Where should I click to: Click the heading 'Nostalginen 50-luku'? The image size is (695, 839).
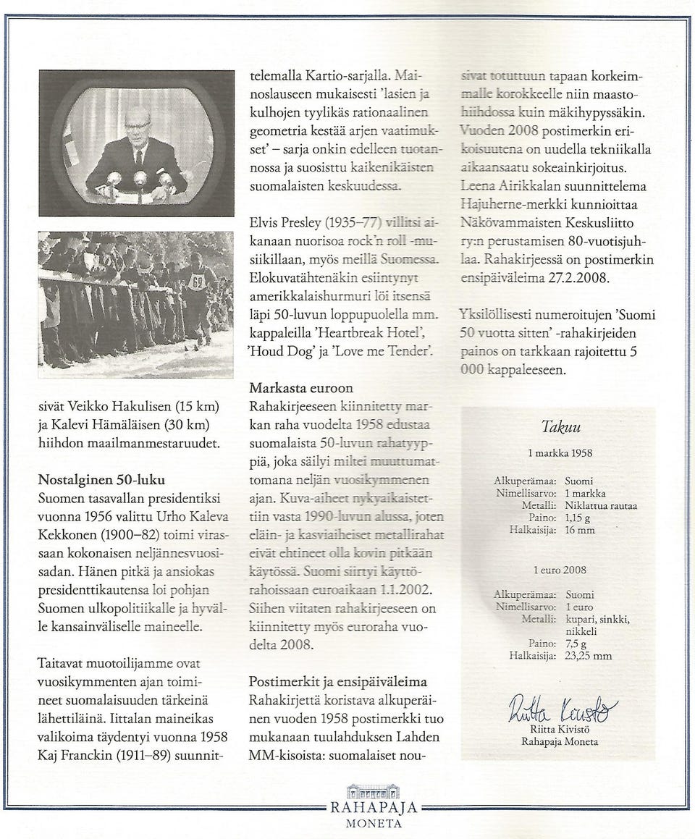(x=101, y=479)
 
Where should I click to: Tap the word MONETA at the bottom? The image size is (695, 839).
(x=374, y=824)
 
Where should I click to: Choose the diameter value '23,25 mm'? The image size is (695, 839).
(x=589, y=657)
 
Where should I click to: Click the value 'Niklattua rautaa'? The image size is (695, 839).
(x=601, y=506)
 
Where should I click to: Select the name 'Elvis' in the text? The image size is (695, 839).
(x=266, y=223)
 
